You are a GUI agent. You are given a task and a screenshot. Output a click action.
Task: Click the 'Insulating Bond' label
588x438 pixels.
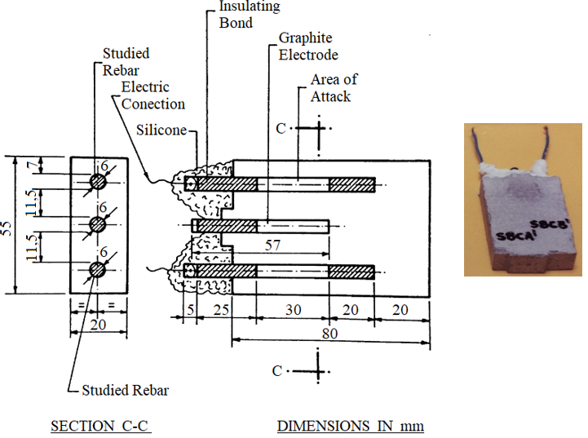pyautogui.click(x=250, y=14)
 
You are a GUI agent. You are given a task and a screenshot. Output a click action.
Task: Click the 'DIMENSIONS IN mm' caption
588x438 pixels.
pyautogui.click(x=351, y=426)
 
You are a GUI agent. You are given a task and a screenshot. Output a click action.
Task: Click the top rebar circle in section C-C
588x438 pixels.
pyautogui.click(x=98, y=181)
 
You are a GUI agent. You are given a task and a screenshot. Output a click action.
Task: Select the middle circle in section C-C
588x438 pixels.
pyautogui.click(x=98, y=223)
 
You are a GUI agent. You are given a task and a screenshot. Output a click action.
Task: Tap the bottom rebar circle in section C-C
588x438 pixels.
pyautogui.click(x=98, y=268)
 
